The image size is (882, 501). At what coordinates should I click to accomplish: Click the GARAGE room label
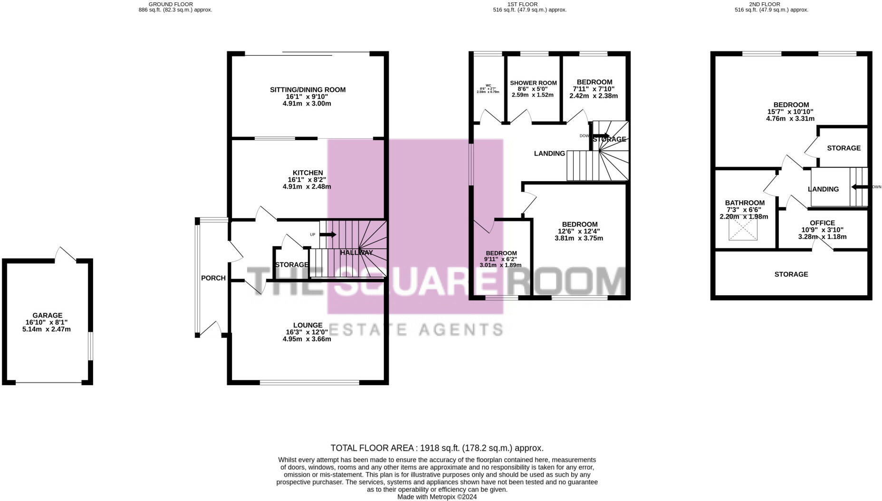click(47, 315)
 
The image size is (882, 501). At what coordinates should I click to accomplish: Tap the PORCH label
click(213, 278)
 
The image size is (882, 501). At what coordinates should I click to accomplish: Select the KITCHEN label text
click(307, 173)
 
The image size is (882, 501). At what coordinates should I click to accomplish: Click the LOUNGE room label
click(307, 325)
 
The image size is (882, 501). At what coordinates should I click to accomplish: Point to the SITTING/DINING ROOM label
click(307, 90)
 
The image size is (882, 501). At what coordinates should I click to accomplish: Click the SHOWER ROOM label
click(533, 83)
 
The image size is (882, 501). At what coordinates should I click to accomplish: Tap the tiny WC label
click(488, 86)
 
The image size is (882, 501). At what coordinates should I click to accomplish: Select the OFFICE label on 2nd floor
click(822, 223)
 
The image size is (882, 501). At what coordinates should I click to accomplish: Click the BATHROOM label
click(745, 203)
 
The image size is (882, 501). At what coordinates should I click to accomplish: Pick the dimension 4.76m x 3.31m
click(790, 119)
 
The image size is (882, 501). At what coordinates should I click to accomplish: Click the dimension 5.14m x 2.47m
click(47, 329)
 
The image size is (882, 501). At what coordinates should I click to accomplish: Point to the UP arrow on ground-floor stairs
click(328, 235)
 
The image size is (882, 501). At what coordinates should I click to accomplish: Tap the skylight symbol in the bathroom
click(743, 229)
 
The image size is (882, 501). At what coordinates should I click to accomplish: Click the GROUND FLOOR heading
click(171, 4)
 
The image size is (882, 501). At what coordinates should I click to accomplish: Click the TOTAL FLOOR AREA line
click(437, 448)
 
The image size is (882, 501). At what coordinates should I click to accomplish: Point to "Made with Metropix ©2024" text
click(437, 497)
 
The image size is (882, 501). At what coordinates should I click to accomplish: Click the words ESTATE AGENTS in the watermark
click(416, 329)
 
